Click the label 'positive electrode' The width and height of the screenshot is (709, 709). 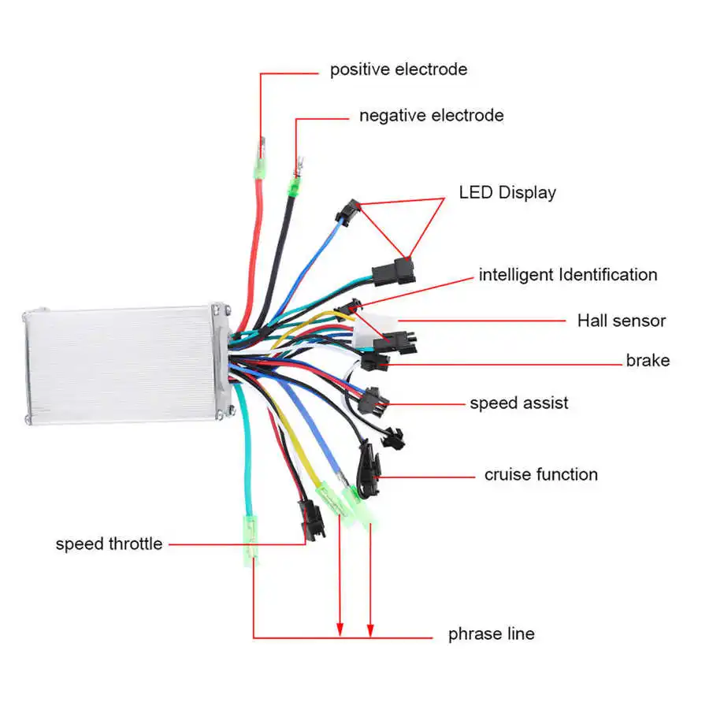pyautogui.click(x=398, y=69)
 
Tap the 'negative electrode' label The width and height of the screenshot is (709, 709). pyautogui.click(x=431, y=116)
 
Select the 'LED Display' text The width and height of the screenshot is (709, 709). pyautogui.click(x=507, y=192)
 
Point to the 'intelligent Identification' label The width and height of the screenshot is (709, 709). pyautogui.click(x=567, y=275)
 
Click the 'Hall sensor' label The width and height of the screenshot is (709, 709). pyautogui.click(x=621, y=321)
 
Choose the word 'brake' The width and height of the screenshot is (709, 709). pyautogui.click(x=648, y=361)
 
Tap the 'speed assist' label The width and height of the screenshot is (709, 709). pyautogui.click(x=518, y=403)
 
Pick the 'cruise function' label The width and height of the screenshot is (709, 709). pyautogui.click(x=540, y=474)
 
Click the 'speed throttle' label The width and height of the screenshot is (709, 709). pyautogui.click(x=109, y=544)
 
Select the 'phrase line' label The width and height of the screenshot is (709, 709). pyautogui.click(x=491, y=633)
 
